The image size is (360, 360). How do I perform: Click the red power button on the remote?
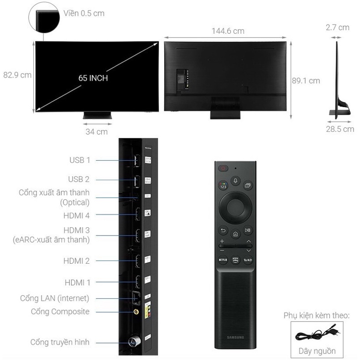(223, 168)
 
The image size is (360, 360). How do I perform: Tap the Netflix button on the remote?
(223, 261)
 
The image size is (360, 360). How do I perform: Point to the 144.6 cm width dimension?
(228, 31)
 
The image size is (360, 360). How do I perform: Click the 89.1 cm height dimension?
(306, 81)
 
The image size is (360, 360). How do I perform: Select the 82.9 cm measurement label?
(17, 75)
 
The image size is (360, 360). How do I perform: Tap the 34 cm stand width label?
(97, 132)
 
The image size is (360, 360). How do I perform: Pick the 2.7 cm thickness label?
(338, 27)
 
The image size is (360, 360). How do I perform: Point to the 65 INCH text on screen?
(93, 78)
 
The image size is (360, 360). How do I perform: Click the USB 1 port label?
(80, 160)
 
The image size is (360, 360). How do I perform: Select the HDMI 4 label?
(77, 215)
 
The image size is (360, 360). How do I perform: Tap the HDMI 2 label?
(77, 261)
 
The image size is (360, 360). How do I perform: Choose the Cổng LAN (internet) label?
(55, 298)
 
